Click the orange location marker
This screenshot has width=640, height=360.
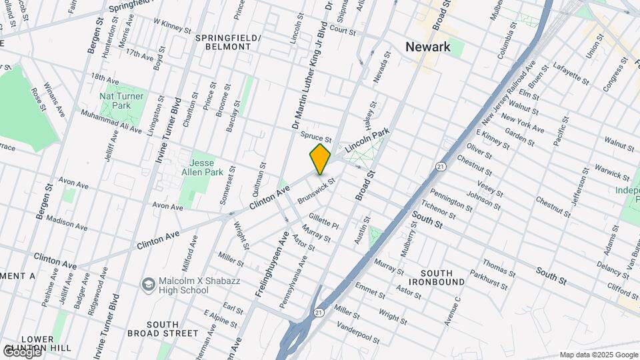click(x=320, y=159)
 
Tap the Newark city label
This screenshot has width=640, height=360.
click(x=428, y=47)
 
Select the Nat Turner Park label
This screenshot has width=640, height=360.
click(x=115, y=101)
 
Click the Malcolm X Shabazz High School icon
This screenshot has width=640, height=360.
click(x=147, y=285)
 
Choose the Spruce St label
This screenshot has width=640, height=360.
click(x=316, y=136)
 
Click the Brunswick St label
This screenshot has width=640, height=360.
click(x=316, y=189)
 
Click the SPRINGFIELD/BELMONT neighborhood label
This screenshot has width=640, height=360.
click(x=227, y=43)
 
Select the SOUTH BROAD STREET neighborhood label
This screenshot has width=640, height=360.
click(x=172, y=329)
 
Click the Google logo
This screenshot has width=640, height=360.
click(x=21, y=351)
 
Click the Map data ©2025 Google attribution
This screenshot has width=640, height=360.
click(x=599, y=355)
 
